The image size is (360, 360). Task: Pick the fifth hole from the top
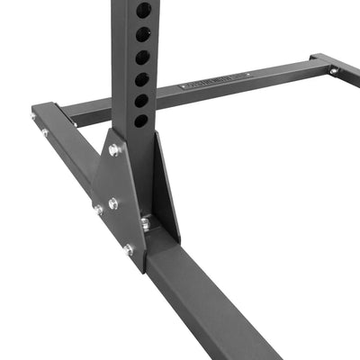pos(142,100)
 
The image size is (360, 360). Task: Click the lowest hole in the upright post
pos(141,120)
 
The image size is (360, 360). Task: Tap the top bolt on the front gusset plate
pos(114,150)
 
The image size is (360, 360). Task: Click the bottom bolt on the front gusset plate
pos(128,249)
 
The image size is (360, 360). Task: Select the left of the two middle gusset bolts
pos(97,209)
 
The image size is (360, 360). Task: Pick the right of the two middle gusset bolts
pos(113,203)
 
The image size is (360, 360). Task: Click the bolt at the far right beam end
pos(334,70)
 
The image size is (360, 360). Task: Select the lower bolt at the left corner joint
pos(44,132)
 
